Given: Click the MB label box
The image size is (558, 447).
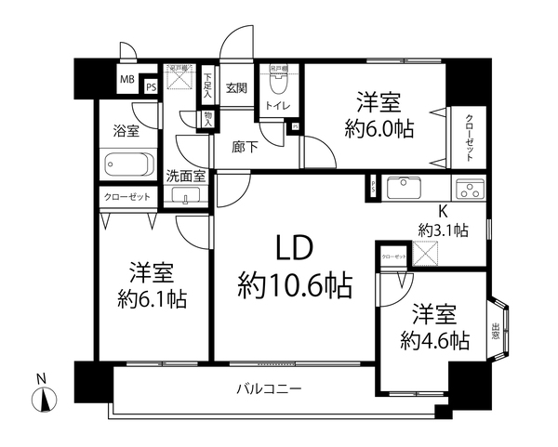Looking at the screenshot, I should click(x=125, y=79).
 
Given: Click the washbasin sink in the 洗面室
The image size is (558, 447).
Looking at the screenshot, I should click(x=187, y=195).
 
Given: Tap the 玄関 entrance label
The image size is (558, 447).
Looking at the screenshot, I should click(x=236, y=88).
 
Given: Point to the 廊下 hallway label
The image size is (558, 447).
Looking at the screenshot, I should click(x=245, y=146).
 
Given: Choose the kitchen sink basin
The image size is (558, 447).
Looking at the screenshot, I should click(x=405, y=190).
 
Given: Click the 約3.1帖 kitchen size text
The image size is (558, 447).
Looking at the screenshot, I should click(x=443, y=230).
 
